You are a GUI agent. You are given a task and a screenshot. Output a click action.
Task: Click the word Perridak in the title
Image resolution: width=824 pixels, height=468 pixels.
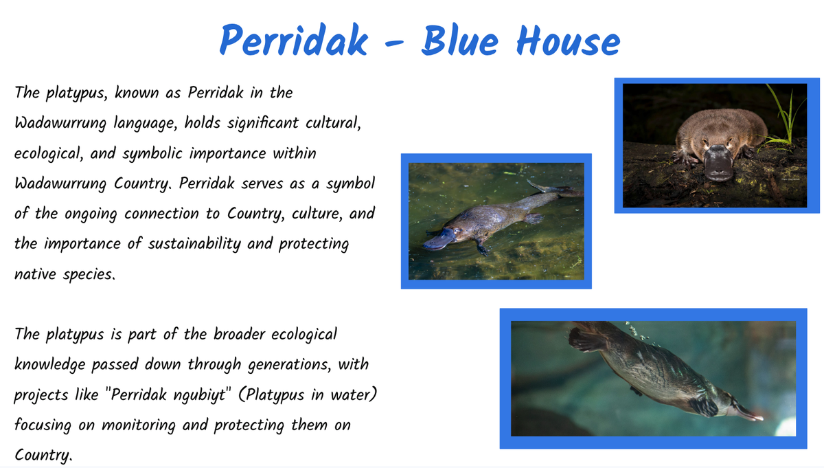click(x=294, y=40)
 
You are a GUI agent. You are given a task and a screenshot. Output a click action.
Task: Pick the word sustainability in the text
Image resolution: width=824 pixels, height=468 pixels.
click(x=194, y=244)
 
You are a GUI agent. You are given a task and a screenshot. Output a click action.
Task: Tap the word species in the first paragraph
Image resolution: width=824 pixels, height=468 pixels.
click(x=89, y=275)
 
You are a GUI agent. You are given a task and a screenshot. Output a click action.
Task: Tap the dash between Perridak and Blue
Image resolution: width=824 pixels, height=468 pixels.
click(x=394, y=43)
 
